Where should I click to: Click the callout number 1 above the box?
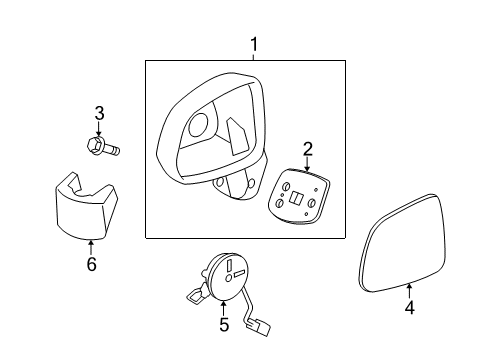click(x=254, y=44)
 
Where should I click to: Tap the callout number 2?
click(x=308, y=149)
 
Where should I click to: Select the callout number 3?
click(x=99, y=112)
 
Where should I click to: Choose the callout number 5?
click(x=224, y=324)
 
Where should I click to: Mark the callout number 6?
click(x=91, y=265)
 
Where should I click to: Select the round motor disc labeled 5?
click(x=232, y=274)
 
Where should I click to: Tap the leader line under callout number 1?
click(x=254, y=56)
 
